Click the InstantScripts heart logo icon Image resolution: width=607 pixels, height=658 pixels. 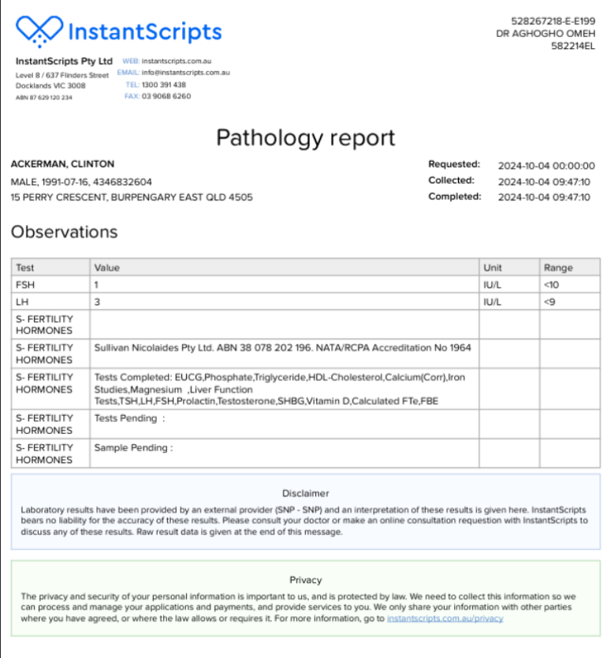pos(39,32)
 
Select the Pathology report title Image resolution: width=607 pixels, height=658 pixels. pos(305,138)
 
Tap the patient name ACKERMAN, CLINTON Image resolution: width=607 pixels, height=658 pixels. pos(62,164)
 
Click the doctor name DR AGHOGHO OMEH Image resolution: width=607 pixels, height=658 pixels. pos(543,34)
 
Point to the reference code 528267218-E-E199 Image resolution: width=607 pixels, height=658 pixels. pos(551,22)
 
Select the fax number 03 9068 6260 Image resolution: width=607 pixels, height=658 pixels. pos(166,96)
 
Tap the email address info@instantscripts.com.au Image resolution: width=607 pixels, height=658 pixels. pos(185,73)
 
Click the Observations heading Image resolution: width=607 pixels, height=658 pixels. pos(64,232)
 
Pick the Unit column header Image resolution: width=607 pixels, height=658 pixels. pos(493,267)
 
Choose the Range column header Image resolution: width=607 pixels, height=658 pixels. pos(558,267)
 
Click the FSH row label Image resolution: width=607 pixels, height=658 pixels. pos(25,284)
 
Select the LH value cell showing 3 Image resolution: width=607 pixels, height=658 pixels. pos(97,301)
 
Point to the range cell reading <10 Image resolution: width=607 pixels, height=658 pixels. pos(551,284)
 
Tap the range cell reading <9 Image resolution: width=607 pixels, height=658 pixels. pos(549,301)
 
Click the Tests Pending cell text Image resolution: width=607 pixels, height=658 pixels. pos(129,418)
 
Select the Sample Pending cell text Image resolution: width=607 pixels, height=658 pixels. pos(133,448)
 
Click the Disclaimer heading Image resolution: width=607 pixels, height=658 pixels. pos(305,493)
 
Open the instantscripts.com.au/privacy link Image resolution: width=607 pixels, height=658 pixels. pos(445,619)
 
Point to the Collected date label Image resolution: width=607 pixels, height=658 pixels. pos(451,181)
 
